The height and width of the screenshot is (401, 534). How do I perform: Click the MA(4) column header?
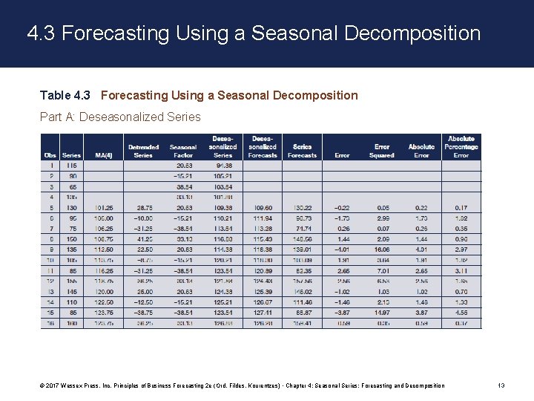[x=103, y=155]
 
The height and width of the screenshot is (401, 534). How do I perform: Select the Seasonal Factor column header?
[x=183, y=151]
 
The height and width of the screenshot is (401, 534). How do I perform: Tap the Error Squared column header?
[x=381, y=151]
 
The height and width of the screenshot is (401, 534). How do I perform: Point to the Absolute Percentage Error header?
[x=461, y=147]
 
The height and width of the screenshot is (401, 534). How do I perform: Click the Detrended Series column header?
[x=143, y=151]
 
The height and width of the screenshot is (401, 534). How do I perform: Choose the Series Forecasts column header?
[x=302, y=151]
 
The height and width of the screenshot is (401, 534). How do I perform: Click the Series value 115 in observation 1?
[x=71, y=166]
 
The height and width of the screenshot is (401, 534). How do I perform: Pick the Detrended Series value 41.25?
[x=143, y=239]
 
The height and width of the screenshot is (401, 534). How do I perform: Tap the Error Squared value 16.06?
[x=381, y=250]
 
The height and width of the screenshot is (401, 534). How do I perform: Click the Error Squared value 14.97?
[x=381, y=313]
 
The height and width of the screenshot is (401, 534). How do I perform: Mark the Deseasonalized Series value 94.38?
[x=222, y=166]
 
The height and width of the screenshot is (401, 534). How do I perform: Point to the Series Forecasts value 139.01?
[x=302, y=250]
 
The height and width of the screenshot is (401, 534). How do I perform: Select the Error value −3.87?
[x=342, y=313]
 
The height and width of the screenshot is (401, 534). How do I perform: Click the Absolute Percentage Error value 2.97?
[x=461, y=250]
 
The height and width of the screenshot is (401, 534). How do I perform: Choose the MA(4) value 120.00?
[x=103, y=292]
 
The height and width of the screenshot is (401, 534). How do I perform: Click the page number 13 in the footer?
[x=501, y=385]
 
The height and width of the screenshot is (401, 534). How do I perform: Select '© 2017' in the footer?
[x=52, y=385]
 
